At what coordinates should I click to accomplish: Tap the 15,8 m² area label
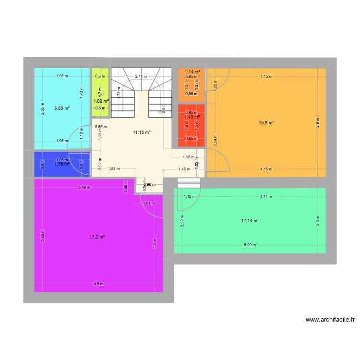coord(266,123)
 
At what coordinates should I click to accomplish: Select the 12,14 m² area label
coord(250,221)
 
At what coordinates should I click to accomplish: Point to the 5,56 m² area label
coord(62,108)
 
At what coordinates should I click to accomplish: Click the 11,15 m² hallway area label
coord(142,132)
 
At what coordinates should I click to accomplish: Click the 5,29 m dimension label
coord(249,245)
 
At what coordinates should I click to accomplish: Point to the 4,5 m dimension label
coord(98,284)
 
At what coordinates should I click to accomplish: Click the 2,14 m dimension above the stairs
coord(141,76)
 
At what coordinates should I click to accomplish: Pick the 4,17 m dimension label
coord(266,196)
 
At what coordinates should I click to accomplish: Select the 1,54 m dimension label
coord(114,169)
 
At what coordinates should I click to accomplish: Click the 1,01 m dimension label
coord(149,203)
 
